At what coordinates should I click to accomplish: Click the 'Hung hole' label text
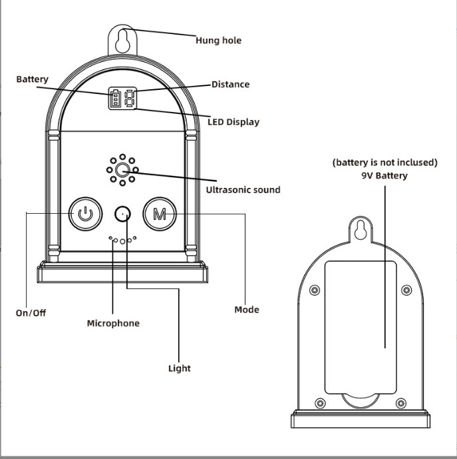pos(218,41)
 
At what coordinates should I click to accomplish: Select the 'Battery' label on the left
pos(32,79)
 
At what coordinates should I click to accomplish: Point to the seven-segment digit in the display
pos(130,98)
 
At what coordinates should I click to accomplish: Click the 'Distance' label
pos(230,85)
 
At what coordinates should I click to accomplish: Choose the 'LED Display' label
pos(233,122)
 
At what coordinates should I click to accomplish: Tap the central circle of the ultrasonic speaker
pos(122,170)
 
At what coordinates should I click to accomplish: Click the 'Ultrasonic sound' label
pos(243,190)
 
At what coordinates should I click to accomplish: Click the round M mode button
pos(160,214)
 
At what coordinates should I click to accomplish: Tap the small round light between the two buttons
pos(122,215)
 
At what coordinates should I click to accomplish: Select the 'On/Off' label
pos(31,313)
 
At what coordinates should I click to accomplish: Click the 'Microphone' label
pos(113,323)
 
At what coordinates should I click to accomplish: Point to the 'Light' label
pos(179,368)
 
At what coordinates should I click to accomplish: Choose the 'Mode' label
pos(247,310)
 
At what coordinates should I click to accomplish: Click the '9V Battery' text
pos(384,176)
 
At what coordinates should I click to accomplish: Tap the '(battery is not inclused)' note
pos(384,163)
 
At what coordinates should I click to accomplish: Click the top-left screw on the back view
pos(315,290)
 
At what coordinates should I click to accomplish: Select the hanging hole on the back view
pos(361,230)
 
